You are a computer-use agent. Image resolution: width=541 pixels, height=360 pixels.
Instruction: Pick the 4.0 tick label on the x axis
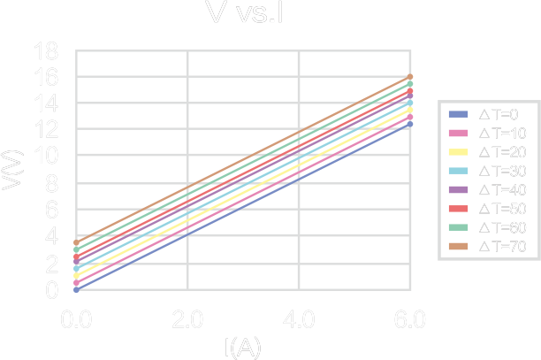pyautogui.click(x=299, y=318)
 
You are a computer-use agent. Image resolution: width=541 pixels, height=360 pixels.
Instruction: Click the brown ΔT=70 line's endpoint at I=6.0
pyautogui.click(x=410, y=77)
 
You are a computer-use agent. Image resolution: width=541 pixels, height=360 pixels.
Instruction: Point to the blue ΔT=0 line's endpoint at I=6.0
pyautogui.click(x=410, y=124)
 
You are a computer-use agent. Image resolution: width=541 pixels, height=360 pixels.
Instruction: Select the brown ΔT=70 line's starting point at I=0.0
pyautogui.click(x=76, y=242)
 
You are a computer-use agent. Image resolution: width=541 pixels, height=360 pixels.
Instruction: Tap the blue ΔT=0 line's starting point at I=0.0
pyautogui.click(x=76, y=289)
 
